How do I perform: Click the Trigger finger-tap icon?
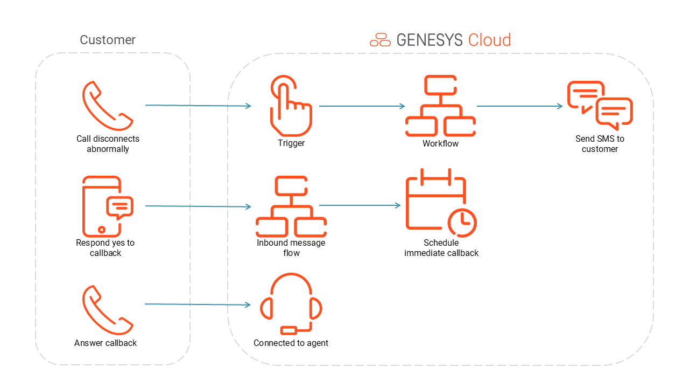(291, 106)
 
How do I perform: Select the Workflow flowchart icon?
(440, 106)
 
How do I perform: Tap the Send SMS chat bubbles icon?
(600, 106)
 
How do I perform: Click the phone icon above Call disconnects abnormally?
(108, 106)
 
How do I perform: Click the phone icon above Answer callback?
(108, 310)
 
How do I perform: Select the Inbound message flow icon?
(291, 206)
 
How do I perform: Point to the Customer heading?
(108, 40)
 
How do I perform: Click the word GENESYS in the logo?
(429, 40)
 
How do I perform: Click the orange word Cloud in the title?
(489, 40)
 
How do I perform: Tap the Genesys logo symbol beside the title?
(380, 40)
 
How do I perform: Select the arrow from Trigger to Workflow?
(362, 106)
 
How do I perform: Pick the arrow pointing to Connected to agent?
(198, 304)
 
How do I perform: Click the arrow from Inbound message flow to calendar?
(360, 205)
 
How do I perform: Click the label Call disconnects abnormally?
(108, 144)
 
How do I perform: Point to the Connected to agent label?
(291, 343)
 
